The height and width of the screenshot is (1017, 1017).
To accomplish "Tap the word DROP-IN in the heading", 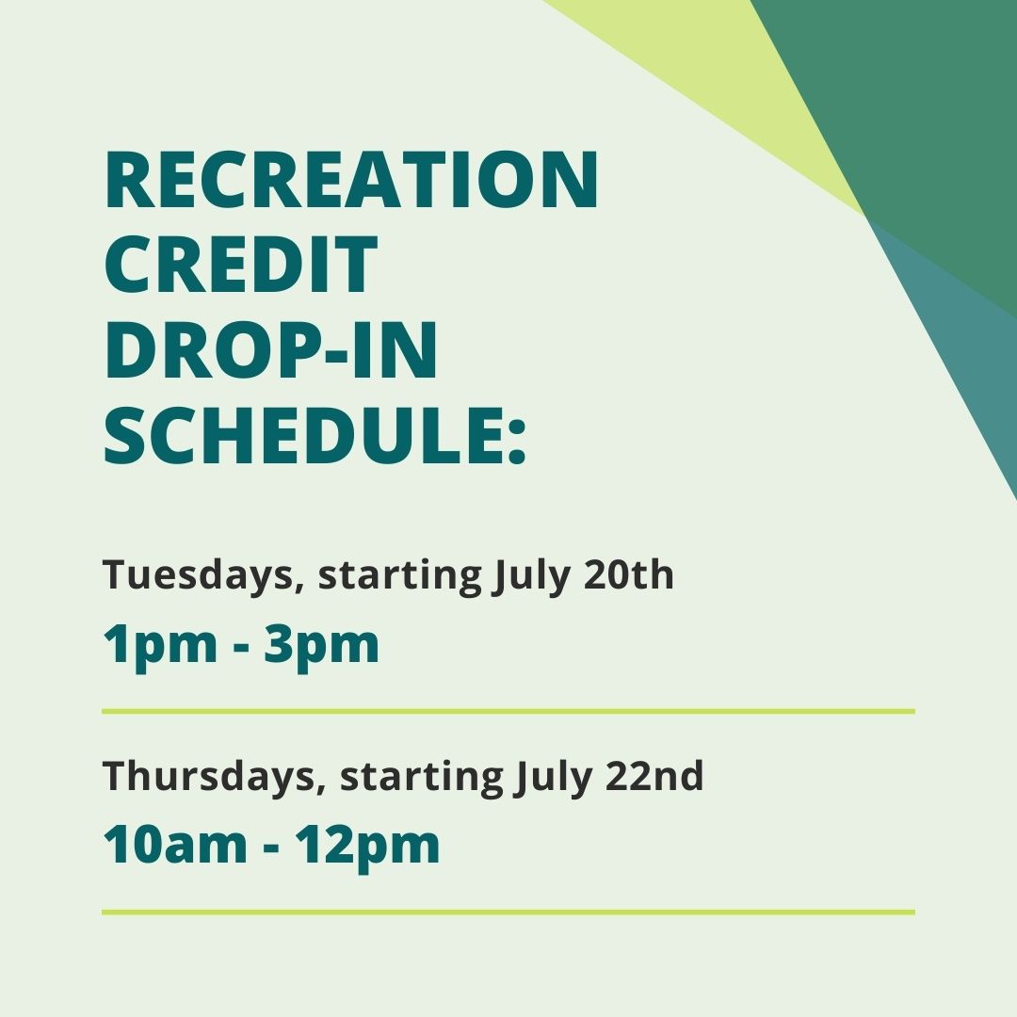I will [x=271, y=351].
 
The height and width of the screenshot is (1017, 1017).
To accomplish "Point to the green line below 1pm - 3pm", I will [x=508, y=711].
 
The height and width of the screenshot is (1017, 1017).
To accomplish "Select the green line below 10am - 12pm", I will [x=508, y=912].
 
